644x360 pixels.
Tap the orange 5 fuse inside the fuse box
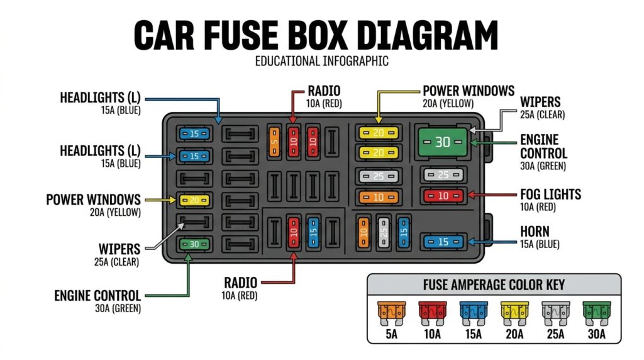[x=274, y=141]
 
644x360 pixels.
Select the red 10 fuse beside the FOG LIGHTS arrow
[x=443, y=196]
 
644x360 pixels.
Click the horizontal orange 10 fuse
[x=378, y=197]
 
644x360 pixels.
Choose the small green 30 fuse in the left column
[x=193, y=244]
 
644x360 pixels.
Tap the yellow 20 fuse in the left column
[x=193, y=201]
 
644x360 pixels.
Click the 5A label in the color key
[x=391, y=334]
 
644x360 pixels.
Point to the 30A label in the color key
[x=596, y=334]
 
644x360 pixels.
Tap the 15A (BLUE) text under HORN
[x=540, y=244]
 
